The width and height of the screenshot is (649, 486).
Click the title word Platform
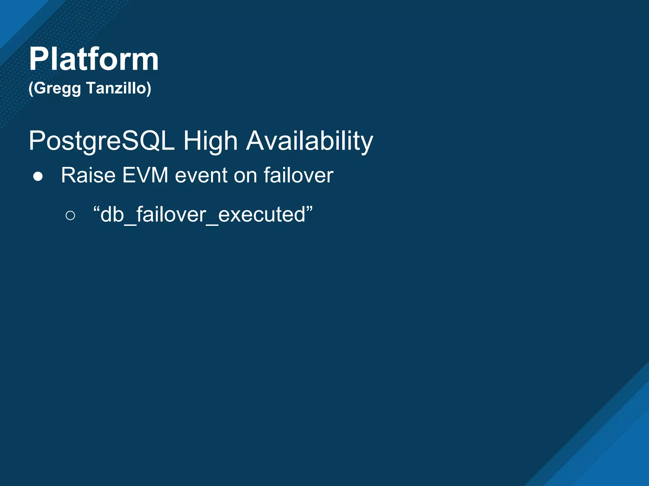pyautogui.click(x=94, y=59)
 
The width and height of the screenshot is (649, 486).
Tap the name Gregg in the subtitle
pyautogui.click(x=57, y=89)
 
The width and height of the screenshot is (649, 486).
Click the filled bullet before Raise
pyautogui.click(x=38, y=177)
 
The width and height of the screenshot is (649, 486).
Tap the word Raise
pyautogui.click(x=88, y=175)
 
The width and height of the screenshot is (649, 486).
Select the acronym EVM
pyautogui.click(x=145, y=175)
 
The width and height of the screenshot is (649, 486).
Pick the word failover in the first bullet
pyautogui.click(x=298, y=175)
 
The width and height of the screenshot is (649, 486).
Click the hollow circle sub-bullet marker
pyautogui.click(x=70, y=216)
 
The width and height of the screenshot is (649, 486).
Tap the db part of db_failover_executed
pyautogui.click(x=112, y=215)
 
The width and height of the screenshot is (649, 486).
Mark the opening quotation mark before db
pyautogui.click(x=96, y=209)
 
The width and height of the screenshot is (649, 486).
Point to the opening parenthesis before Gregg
pyautogui.click(x=31, y=89)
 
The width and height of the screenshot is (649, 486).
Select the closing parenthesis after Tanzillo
pyautogui.click(x=149, y=89)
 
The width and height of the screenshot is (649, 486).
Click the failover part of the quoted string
pyautogui.click(x=171, y=215)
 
